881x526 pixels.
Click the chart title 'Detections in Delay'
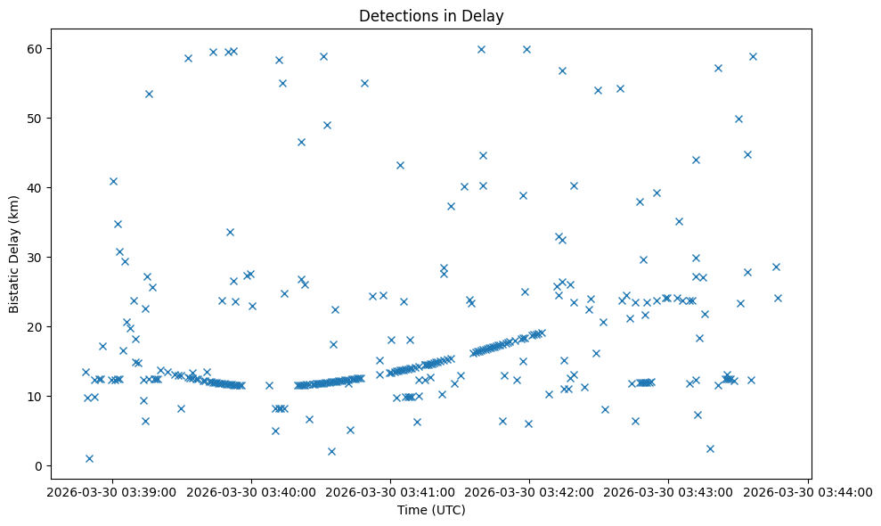click(430, 15)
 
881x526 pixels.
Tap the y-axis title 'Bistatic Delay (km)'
click(14, 254)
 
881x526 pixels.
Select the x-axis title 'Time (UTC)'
click(431, 510)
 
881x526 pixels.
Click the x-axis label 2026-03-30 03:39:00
click(112, 491)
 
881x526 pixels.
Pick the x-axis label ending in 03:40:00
click(251, 491)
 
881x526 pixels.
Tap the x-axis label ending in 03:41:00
click(390, 491)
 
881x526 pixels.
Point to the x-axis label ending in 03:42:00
click(530, 491)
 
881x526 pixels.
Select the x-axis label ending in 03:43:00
click(669, 491)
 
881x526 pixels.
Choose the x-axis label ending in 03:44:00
click(808, 491)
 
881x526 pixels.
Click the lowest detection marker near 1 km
click(89, 458)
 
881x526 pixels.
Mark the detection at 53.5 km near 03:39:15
click(149, 94)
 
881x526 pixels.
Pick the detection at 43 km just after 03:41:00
click(400, 165)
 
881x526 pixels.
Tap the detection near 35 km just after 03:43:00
click(679, 221)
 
